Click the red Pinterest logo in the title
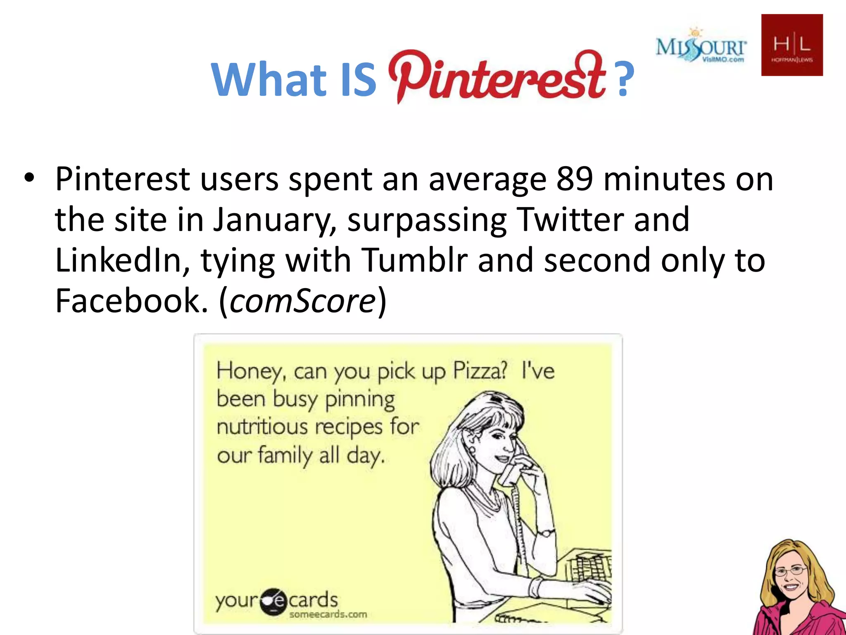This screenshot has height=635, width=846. click(496, 76)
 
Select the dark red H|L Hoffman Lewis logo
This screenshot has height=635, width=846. click(792, 45)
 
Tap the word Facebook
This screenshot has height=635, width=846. click(131, 301)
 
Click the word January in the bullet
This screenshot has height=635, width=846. click(270, 220)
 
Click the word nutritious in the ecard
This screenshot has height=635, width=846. click(263, 427)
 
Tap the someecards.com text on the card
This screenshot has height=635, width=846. click(328, 614)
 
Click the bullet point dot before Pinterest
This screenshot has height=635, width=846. click(29, 179)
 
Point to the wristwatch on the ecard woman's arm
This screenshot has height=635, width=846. click(545, 533)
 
